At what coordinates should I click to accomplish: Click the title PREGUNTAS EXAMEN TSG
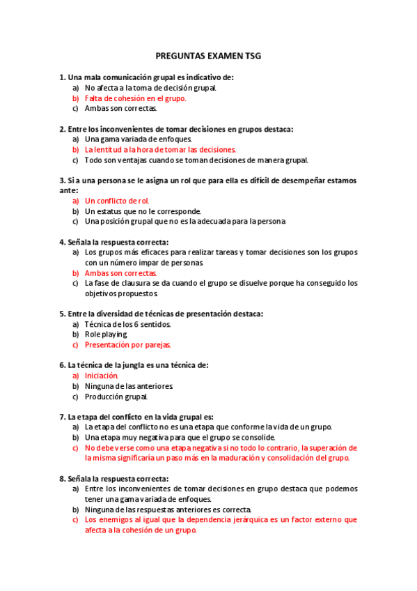[x=208, y=56]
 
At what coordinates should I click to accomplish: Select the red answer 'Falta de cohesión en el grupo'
[x=135, y=98]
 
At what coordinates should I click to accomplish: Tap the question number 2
[x=62, y=129]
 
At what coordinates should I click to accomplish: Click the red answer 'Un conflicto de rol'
[x=117, y=201]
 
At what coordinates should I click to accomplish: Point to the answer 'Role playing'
[x=106, y=335]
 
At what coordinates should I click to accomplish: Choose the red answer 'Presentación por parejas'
[x=127, y=344]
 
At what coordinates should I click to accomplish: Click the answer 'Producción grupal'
[x=116, y=397]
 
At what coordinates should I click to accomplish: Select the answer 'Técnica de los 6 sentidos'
[x=127, y=324]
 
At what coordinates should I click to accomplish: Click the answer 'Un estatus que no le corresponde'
[x=143, y=211]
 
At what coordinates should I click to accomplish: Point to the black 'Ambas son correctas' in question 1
[x=120, y=108]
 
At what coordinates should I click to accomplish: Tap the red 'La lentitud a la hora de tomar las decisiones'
[x=160, y=149]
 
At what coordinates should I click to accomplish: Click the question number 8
[x=62, y=479]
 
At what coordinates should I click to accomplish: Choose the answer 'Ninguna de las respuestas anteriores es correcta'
[x=168, y=509]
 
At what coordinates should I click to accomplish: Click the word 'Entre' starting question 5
[x=77, y=314]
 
